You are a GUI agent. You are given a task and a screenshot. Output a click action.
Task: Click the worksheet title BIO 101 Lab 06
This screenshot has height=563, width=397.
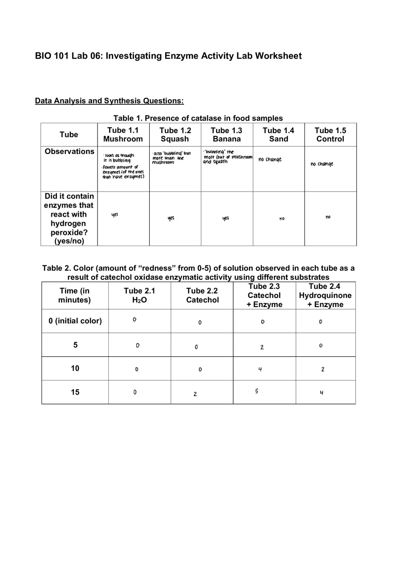point(168,56)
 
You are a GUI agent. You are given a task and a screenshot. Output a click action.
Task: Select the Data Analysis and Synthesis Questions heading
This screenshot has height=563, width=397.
point(109,101)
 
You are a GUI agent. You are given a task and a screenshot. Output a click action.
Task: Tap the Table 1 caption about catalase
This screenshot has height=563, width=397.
point(198,118)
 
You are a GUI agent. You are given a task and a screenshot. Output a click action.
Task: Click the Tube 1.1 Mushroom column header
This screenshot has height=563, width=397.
point(123,135)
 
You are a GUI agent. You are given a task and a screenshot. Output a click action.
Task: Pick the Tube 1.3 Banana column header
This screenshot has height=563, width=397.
point(226,135)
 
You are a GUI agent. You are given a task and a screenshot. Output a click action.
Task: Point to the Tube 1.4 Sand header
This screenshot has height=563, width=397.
point(278,135)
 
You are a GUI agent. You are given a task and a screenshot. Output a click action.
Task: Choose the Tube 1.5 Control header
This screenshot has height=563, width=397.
point(330,135)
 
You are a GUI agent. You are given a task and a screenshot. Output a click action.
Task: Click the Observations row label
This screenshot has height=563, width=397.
point(69,152)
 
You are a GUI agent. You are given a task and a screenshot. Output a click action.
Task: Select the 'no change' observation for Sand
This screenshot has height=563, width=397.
point(270,159)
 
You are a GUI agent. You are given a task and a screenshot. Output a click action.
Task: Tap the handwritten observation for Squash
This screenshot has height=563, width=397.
point(171,158)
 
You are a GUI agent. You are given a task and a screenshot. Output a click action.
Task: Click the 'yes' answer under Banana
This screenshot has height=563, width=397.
point(226,218)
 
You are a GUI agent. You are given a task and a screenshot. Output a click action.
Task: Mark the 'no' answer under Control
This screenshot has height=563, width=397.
point(328,217)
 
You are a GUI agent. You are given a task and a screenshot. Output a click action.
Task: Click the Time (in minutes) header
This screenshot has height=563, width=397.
point(74,295)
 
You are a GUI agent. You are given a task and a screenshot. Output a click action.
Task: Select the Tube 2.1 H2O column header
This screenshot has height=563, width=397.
point(139,295)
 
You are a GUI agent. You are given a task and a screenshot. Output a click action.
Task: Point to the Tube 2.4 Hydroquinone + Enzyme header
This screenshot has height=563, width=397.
point(325,295)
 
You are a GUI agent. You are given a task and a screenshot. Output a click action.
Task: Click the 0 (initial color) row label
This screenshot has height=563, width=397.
point(75,321)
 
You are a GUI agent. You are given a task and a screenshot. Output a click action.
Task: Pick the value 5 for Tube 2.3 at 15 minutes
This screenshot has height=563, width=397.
point(256,391)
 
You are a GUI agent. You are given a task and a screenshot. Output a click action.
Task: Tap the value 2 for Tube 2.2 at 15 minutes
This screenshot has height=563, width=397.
point(195,394)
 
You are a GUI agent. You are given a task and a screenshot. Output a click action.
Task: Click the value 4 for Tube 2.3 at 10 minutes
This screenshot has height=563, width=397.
point(260,369)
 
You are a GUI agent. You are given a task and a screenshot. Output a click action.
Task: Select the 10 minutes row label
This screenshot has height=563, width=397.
point(75,368)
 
